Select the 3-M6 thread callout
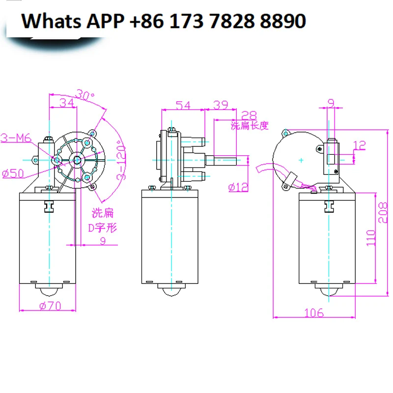(16, 139)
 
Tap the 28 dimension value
(250, 115)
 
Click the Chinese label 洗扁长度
(250, 126)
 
